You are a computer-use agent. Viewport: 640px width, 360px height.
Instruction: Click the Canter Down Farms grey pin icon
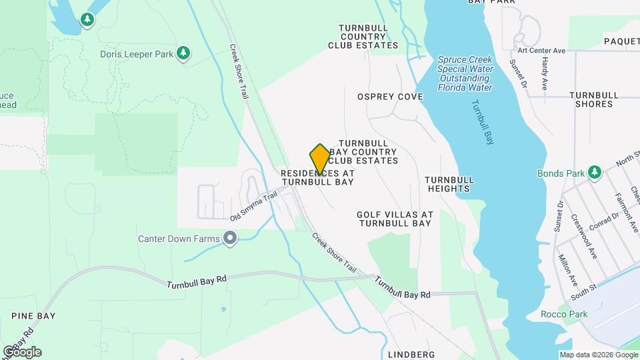tap(231, 239)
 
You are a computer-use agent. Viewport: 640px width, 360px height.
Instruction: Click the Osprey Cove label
tap(390, 97)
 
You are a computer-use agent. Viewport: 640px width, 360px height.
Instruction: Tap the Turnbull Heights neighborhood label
tap(449, 184)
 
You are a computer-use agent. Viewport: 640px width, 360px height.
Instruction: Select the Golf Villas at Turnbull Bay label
tap(395, 219)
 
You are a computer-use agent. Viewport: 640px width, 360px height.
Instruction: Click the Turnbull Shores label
tap(591, 99)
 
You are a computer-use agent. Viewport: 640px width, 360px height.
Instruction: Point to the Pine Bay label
tap(33, 315)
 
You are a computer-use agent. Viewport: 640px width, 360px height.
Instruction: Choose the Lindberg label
tap(410, 354)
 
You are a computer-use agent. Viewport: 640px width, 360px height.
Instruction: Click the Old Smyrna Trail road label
tap(253, 207)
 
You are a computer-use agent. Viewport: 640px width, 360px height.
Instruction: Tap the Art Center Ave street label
tap(541, 51)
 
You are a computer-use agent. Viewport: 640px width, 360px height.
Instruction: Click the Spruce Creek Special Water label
tap(465, 73)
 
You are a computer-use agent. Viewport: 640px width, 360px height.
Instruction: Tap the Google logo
tap(22, 351)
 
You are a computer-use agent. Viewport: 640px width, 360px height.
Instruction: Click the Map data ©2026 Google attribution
tap(598, 355)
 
